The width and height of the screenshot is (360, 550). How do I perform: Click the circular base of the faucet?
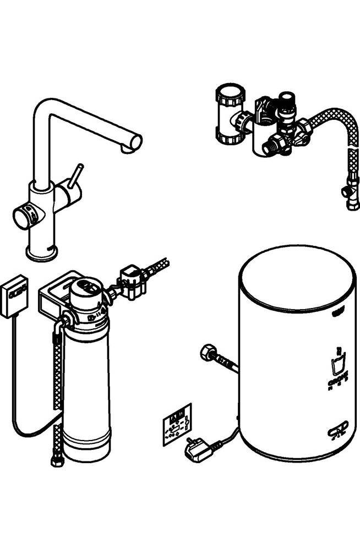pos(42,252)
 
